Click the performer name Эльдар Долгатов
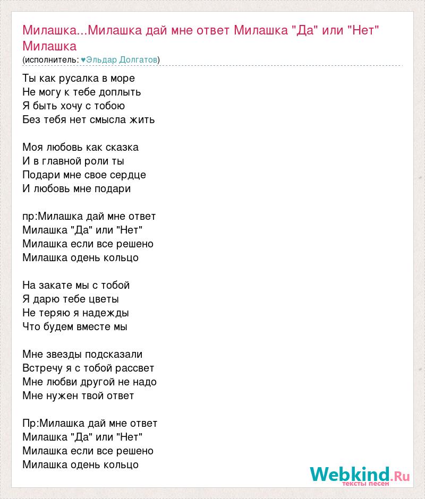click(x=122, y=60)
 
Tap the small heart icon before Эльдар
click(x=83, y=60)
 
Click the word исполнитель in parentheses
click(x=50, y=60)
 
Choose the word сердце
click(x=127, y=175)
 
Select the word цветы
click(x=104, y=299)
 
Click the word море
click(x=121, y=78)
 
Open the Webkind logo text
click(x=351, y=474)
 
